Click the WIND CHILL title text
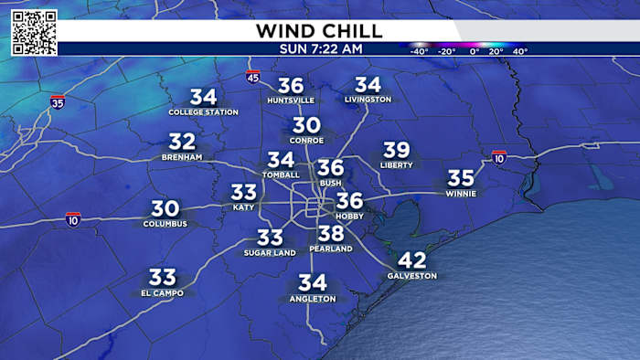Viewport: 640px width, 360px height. (x=320, y=30)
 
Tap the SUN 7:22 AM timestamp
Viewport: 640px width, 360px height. (x=319, y=48)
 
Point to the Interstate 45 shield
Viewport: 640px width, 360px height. (x=253, y=79)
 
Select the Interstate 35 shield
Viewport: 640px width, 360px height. (x=58, y=101)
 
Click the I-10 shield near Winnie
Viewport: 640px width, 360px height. (x=499, y=157)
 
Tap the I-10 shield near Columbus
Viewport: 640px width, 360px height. (x=73, y=219)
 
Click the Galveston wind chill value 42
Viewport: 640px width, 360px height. (x=412, y=260)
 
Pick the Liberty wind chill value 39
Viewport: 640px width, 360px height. (x=396, y=151)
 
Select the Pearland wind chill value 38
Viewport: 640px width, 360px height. (x=330, y=235)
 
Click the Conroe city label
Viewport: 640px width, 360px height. (x=307, y=141)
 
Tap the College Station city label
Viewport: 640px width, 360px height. (x=203, y=112)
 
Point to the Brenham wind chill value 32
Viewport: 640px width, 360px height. (x=182, y=142)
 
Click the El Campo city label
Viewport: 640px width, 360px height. (x=162, y=293)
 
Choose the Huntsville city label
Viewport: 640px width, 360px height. (x=291, y=100)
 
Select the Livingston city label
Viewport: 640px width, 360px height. (x=368, y=99)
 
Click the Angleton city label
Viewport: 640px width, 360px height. (x=312, y=299)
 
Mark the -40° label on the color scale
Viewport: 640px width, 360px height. (x=420, y=52)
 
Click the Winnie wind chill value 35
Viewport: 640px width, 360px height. (x=461, y=178)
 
